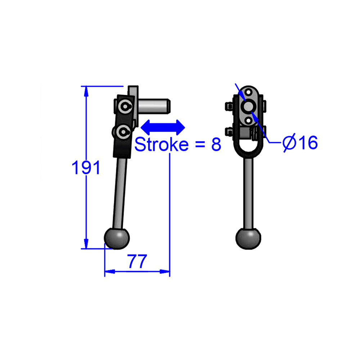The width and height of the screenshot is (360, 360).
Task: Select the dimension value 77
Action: (138, 262)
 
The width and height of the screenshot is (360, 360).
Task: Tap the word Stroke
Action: (161, 144)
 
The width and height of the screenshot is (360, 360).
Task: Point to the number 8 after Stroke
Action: (216, 144)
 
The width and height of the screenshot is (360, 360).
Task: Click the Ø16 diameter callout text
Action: (300, 143)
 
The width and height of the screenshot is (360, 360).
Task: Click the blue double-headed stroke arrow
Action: (163, 127)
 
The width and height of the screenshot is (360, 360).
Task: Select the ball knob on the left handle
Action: (117, 238)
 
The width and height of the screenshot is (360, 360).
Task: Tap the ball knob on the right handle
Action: (248, 238)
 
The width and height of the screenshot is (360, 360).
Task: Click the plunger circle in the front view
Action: (249, 106)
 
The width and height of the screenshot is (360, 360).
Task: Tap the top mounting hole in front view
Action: (249, 93)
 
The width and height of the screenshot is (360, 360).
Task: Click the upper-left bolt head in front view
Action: (228, 106)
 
